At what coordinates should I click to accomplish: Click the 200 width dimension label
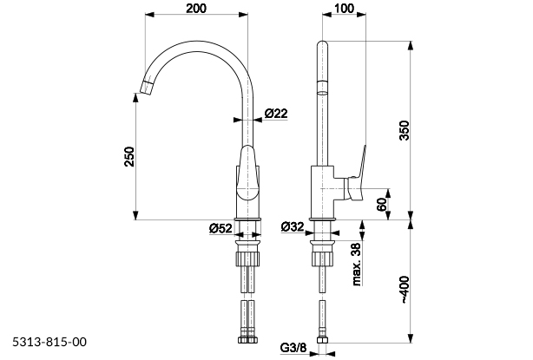coord(195,8)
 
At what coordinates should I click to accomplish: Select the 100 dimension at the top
coord(343,8)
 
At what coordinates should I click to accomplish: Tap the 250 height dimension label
coord(128,155)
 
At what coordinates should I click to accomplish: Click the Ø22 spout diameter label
coord(276,114)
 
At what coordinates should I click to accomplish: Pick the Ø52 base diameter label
coord(220,228)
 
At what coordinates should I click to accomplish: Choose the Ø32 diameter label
coord(292,227)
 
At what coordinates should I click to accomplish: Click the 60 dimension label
coord(380,206)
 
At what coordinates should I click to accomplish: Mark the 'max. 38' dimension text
coord(356,265)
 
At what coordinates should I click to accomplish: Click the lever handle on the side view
coord(358,173)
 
